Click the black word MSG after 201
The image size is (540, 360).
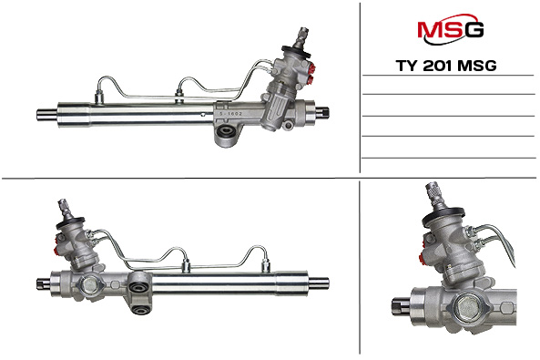483,67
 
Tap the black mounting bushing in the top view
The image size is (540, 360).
225,138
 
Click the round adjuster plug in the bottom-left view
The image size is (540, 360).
90,285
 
